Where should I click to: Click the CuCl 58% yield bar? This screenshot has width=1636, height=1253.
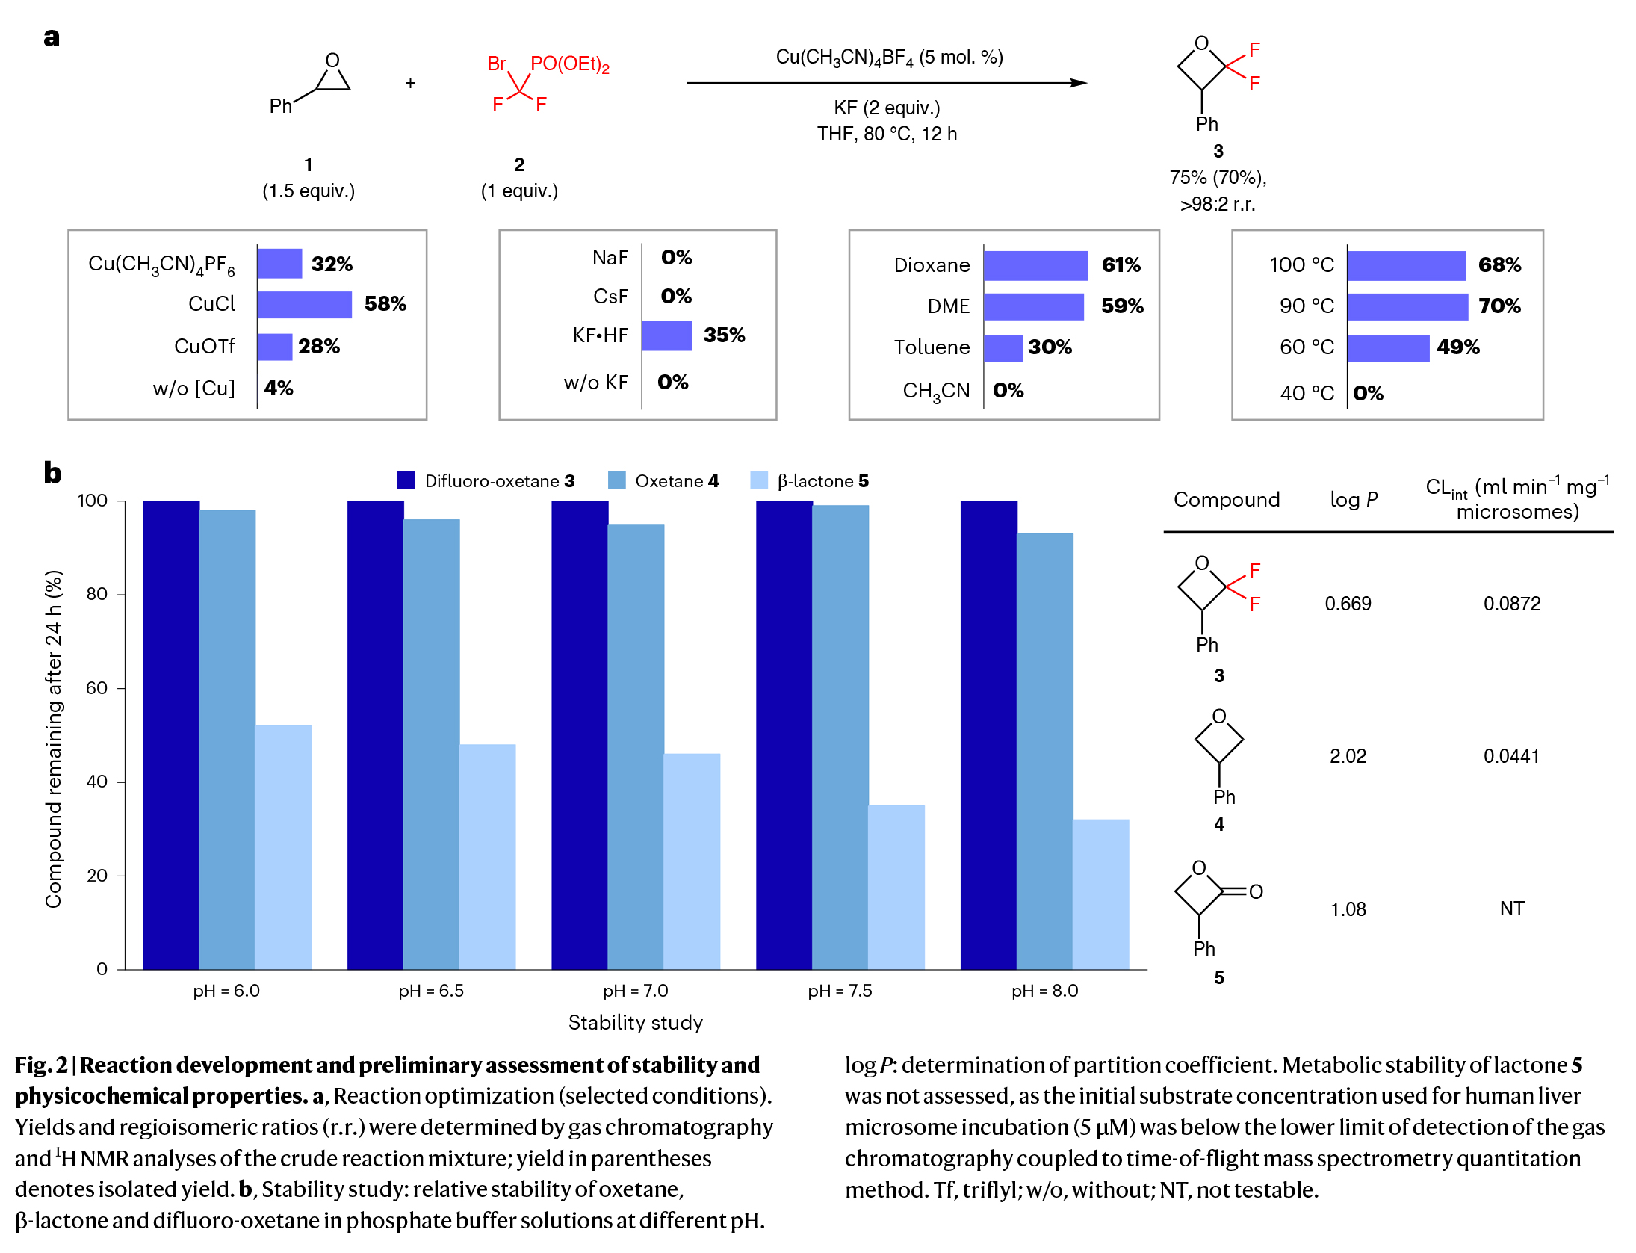click(304, 305)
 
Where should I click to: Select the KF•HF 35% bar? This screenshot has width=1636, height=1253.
click(666, 335)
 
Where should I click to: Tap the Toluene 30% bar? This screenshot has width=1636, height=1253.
click(1003, 347)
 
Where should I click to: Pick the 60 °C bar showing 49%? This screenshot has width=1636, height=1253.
click(1387, 347)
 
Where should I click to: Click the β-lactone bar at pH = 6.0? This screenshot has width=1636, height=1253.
click(283, 847)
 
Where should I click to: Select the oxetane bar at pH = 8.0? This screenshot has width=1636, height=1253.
click(1044, 751)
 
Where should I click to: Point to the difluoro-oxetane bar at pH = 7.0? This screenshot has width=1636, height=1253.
click(580, 735)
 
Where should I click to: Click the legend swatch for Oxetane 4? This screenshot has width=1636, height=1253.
click(616, 480)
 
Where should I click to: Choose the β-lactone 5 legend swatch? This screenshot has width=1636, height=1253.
click(758, 480)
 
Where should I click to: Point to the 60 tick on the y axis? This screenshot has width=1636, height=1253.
click(97, 688)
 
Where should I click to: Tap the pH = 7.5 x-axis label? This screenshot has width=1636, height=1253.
click(840, 991)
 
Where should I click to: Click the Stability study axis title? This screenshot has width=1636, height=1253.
click(635, 1022)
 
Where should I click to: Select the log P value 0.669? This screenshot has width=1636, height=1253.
click(1348, 604)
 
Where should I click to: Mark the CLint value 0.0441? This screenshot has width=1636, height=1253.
click(1511, 756)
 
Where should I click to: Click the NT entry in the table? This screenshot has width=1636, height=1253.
click(1511, 909)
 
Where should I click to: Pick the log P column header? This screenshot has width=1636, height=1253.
click(1354, 499)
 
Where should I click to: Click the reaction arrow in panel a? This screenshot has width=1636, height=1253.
click(886, 83)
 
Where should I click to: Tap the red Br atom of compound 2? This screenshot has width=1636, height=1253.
click(497, 64)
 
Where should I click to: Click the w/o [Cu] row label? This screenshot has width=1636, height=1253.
click(193, 389)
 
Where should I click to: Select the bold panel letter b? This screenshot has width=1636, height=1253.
click(52, 473)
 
